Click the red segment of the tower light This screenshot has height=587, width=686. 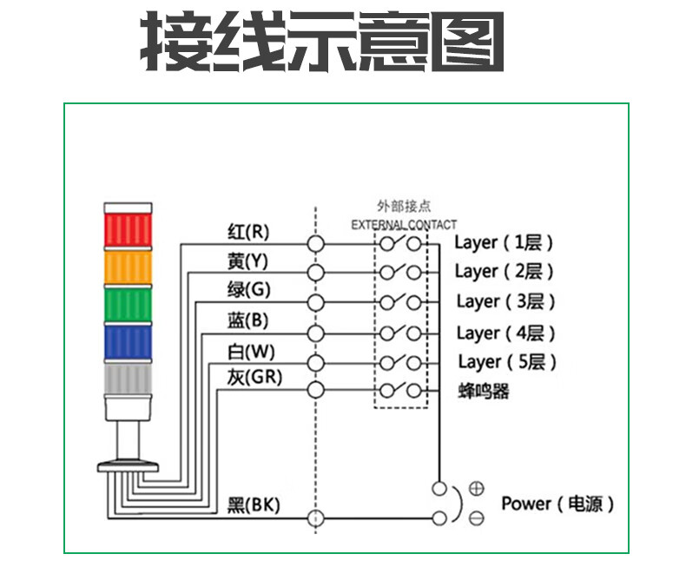click(x=128, y=231)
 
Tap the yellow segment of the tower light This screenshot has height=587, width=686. click(x=128, y=268)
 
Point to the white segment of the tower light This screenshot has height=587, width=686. click(x=128, y=379)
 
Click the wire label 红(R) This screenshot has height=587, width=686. click(x=248, y=232)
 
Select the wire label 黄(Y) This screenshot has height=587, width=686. click(x=247, y=261)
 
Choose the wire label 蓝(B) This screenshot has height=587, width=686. click(x=247, y=320)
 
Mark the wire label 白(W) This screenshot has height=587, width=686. click(x=247, y=351)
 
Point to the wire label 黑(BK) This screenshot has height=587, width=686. click(x=253, y=505)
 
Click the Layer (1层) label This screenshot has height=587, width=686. click(x=504, y=242)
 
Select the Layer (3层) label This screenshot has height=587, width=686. click(x=505, y=301)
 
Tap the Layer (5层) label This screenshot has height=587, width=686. click(x=506, y=361)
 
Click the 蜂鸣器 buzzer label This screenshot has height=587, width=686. click(x=483, y=391)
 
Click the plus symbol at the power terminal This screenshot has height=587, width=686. click(x=476, y=488)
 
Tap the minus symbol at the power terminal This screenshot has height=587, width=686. click(x=476, y=518)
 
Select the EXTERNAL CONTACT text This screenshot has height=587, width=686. click(x=404, y=225)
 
